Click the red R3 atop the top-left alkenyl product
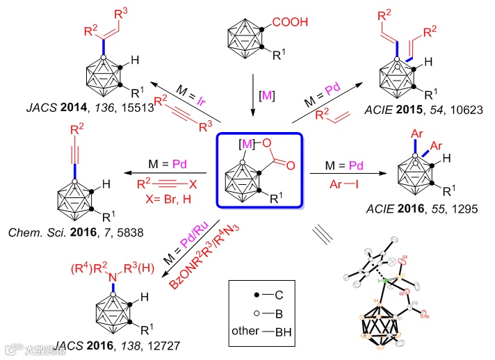(122, 10)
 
